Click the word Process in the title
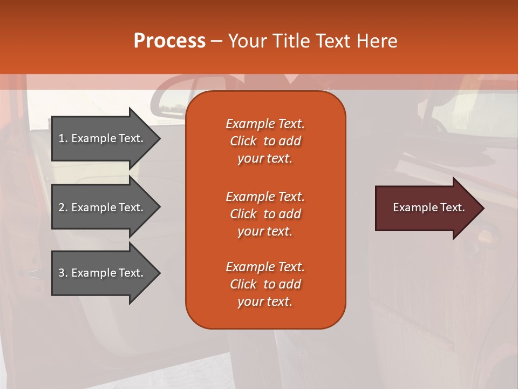coord(169,41)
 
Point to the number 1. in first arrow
coord(63,138)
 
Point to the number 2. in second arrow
coord(63,207)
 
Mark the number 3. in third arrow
coord(63,273)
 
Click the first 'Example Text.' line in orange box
coord(265,124)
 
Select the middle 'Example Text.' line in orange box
coord(265,197)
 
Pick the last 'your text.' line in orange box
coord(265,302)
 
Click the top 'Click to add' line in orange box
coord(265,141)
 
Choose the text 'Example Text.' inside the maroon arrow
coord(428,207)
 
